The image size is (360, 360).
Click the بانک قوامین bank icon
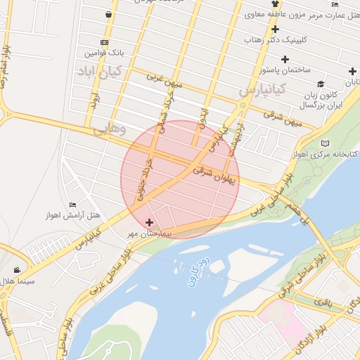[x=104, y=42]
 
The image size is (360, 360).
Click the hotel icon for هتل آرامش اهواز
[x=72, y=205]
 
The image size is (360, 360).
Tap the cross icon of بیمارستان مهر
[x=148, y=222]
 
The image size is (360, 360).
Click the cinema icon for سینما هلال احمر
[x=16, y=270]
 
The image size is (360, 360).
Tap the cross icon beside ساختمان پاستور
[x=304, y=58]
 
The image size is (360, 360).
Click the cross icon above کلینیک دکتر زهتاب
[x=275, y=30]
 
